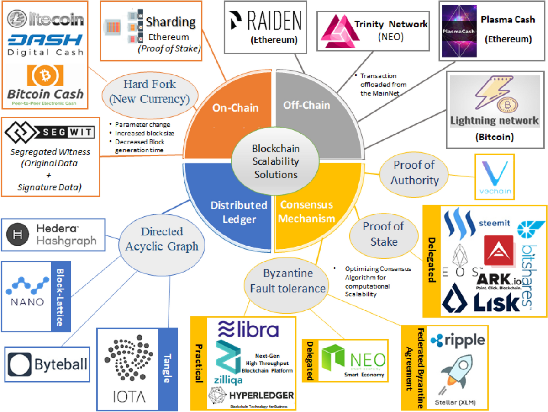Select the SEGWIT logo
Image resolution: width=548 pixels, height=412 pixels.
49,133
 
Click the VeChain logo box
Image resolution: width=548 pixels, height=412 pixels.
495,177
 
